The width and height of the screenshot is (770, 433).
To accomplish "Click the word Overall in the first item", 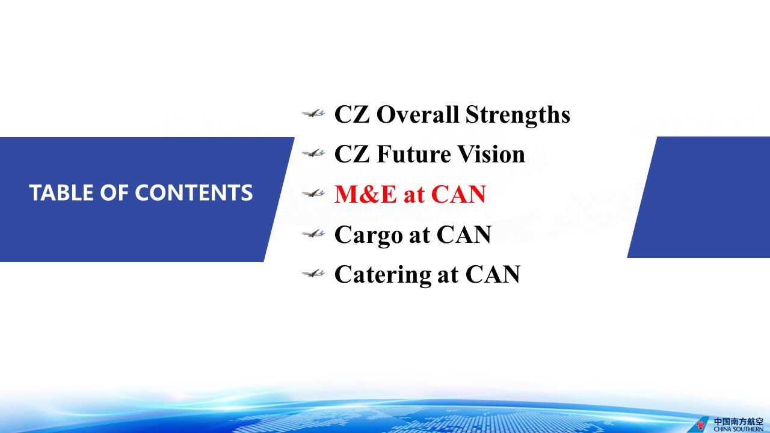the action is (417, 114).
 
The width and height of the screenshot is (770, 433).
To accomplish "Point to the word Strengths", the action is (518, 115).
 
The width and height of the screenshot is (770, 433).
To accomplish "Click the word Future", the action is (413, 155).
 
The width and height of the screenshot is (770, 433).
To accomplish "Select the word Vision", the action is (491, 155).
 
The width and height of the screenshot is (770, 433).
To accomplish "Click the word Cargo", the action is (369, 235).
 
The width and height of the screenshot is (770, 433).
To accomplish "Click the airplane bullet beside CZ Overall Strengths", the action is (313, 114).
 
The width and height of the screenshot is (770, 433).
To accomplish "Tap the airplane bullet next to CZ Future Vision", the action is (313, 153).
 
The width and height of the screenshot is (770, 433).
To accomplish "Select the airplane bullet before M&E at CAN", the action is (313, 193).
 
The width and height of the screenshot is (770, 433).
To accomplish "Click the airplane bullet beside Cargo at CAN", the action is (313, 234).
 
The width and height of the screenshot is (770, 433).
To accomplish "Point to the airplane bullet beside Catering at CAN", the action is (313, 273).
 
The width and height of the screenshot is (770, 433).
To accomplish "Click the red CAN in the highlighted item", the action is (458, 194).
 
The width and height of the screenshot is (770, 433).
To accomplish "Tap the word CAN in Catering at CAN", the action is (493, 275).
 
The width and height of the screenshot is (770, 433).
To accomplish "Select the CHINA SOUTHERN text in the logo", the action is (738, 429).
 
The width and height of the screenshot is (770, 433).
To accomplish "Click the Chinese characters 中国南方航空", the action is (738, 422).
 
